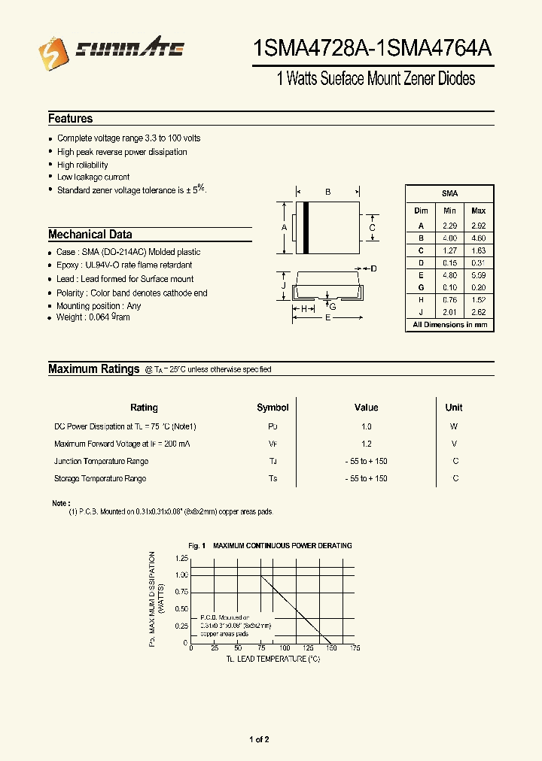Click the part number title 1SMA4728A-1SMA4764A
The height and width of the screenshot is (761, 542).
tap(373, 50)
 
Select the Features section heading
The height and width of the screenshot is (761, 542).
tap(71, 119)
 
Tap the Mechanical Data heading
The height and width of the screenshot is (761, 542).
tap(90, 235)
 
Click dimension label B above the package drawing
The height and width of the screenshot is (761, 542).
tap(328, 193)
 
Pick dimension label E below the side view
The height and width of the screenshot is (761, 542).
tap(327, 318)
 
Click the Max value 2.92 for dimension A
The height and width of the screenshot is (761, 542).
tap(478, 226)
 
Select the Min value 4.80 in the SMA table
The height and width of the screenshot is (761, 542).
tap(449, 275)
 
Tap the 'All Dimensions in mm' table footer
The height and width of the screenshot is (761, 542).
tap(449, 325)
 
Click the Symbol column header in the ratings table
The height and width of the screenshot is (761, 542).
tap(273, 408)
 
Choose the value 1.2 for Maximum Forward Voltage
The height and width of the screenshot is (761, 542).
tap(366, 444)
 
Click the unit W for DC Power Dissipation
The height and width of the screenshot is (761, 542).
tap(454, 426)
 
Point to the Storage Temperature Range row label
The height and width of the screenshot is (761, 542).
tap(100, 479)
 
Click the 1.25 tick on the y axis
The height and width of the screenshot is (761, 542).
tap(181, 559)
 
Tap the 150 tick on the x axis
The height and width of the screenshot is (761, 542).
tap(332, 648)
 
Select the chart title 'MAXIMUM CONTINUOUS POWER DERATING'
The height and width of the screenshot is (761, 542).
tap(282, 546)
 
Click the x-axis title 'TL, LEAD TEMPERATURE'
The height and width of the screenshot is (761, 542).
tap(273, 659)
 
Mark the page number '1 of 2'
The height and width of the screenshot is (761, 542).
tap(259, 740)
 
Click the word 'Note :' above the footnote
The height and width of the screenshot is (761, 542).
tap(61, 503)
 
